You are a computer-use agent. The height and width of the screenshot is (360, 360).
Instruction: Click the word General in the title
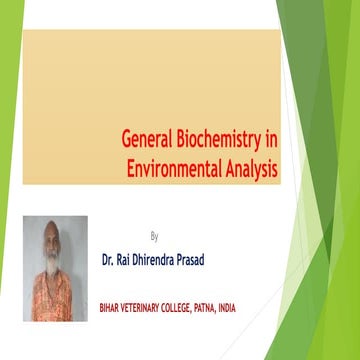149,143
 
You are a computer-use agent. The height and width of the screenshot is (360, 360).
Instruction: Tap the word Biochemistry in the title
221,143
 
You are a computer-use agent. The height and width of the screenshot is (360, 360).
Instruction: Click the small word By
154,237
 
